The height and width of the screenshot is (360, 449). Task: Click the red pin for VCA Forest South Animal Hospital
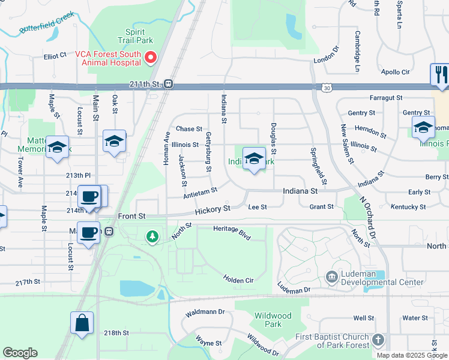pos(151,58)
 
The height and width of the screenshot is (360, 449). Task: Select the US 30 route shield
pos(325,88)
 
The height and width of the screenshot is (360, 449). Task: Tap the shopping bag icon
pos(82,323)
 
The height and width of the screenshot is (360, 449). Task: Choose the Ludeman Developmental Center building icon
pos(331,277)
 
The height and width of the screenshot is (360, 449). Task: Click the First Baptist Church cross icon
pos(377,340)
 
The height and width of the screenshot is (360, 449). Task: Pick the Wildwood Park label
pos(273,320)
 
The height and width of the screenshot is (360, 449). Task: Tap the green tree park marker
pos(153,237)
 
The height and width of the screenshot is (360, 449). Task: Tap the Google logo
pos(20,353)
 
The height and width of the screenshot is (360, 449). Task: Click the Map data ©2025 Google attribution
pos(411,355)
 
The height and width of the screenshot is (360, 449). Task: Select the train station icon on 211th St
pos(169,85)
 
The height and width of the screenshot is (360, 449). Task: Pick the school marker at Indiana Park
pos(255,159)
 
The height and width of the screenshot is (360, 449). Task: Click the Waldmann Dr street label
pos(205,312)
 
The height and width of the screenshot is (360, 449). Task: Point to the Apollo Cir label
pos(395,72)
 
